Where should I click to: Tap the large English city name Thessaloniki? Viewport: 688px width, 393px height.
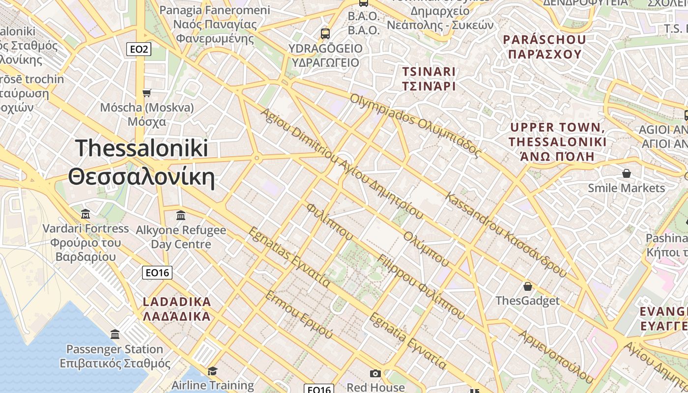tap(142, 148)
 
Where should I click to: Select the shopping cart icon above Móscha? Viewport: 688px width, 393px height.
tap(146, 92)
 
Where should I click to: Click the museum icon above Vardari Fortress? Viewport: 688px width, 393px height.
tap(86, 214)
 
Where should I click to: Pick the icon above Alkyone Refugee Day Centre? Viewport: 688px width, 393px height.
tap(180, 215)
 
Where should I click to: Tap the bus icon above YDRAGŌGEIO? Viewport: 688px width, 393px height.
tap(325, 33)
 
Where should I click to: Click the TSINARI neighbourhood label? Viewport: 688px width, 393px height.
tap(429, 72)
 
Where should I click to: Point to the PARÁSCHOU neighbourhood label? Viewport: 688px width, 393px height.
tap(545, 40)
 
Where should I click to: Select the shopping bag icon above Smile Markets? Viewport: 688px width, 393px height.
tap(626, 173)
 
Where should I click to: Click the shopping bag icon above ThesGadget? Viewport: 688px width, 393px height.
tap(527, 286)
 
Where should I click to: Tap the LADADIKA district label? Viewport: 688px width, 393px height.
tap(177, 302)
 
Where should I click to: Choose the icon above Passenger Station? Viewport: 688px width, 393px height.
tap(115, 335)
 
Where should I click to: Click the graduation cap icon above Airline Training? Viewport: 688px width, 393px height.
tap(212, 370)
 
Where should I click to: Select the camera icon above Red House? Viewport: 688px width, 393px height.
tap(375, 374)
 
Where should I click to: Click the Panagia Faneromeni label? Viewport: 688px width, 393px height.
tap(215, 10)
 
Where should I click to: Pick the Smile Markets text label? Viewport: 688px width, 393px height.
tap(626, 188)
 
